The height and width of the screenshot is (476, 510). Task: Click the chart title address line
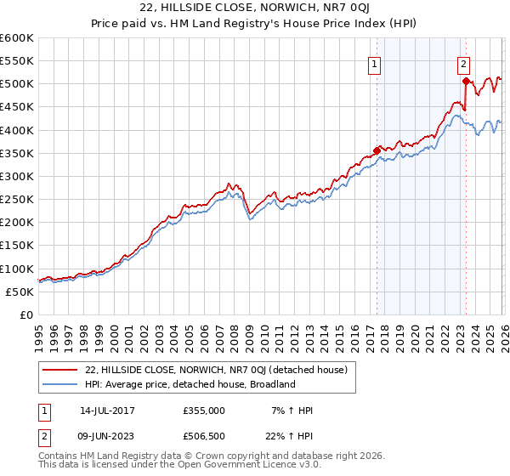click(255, 9)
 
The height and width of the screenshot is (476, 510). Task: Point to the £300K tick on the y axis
click(17, 177)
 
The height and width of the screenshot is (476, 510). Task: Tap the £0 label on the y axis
click(27, 314)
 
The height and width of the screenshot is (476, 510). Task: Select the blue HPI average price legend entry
click(189, 384)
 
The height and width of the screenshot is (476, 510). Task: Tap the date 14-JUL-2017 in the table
click(106, 411)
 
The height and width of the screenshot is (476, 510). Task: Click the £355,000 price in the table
click(205, 411)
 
